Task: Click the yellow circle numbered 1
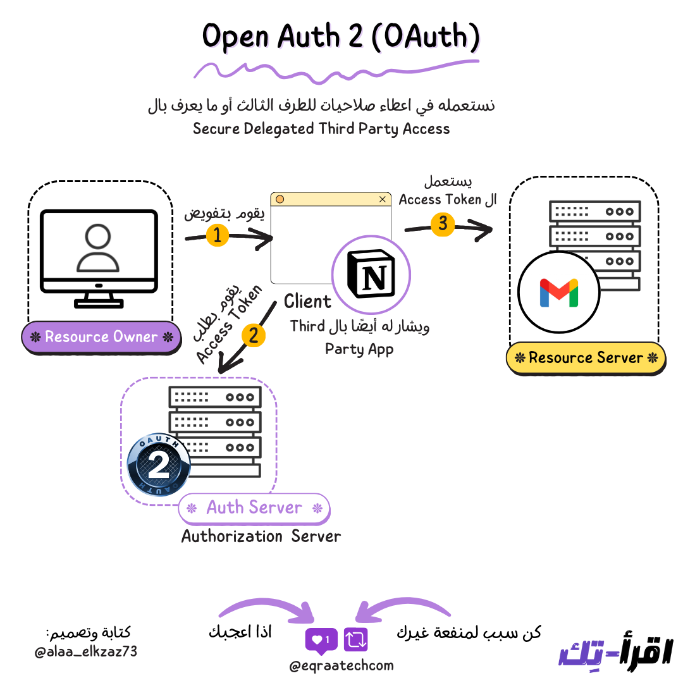[217, 235]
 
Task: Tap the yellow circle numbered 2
[254, 335]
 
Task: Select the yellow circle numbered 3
[443, 223]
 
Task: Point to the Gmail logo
[558, 293]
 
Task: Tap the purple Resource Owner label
[101, 336]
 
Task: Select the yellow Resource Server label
[586, 357]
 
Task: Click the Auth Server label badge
[254, 508]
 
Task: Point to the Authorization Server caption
[261, 536]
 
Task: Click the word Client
[307, 302]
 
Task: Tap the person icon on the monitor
[98, 249]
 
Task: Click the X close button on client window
[382, 199]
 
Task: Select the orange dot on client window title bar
[280, 199]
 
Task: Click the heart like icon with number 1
[321, 640]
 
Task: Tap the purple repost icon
[355, 639]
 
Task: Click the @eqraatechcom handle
[341, 665]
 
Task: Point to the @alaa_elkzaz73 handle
[86, 651]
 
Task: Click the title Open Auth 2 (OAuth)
[341, 37]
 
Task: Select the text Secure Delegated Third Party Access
[321, 129]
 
